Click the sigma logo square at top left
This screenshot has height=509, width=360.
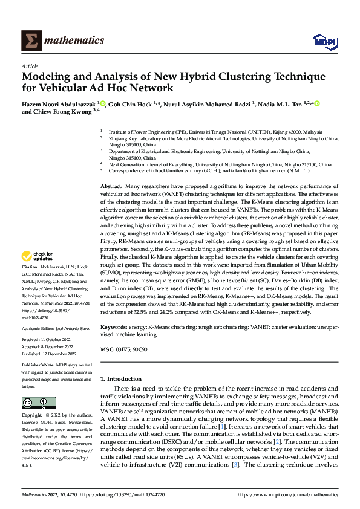30,41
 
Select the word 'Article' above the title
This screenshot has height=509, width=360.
29,65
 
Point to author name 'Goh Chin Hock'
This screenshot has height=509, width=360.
136,104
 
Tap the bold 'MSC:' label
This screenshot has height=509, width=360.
107,350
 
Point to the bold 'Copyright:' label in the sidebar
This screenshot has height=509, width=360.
32,416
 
